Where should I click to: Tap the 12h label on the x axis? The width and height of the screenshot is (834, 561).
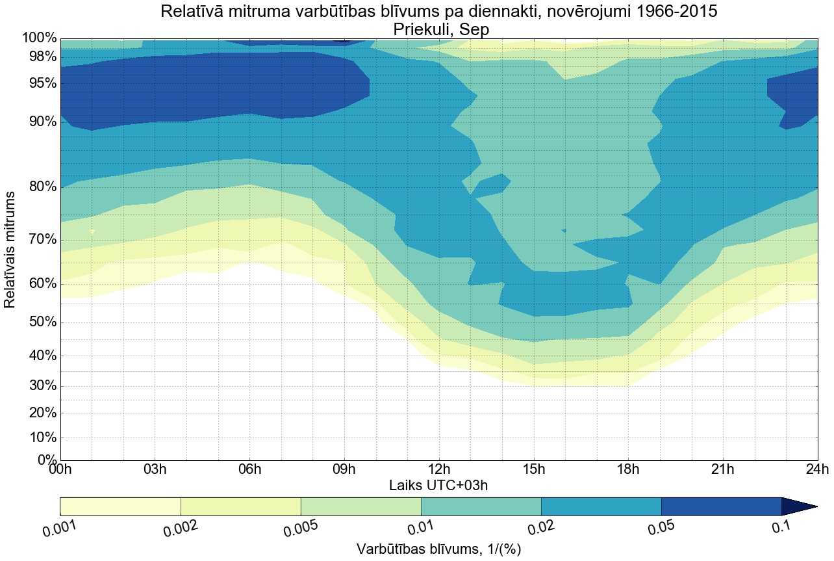438,470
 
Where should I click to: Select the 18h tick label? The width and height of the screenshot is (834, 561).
628,470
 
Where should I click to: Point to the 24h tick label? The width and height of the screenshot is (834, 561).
816,470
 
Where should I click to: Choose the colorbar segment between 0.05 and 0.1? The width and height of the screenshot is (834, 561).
721,506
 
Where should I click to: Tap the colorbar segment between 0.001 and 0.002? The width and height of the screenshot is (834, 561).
120,506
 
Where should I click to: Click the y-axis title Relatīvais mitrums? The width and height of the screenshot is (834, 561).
10,250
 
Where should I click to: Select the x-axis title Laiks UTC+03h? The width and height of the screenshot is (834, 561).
438,485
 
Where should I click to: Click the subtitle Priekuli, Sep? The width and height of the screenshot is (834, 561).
438,29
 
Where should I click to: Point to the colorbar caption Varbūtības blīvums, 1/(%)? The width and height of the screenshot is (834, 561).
438,549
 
